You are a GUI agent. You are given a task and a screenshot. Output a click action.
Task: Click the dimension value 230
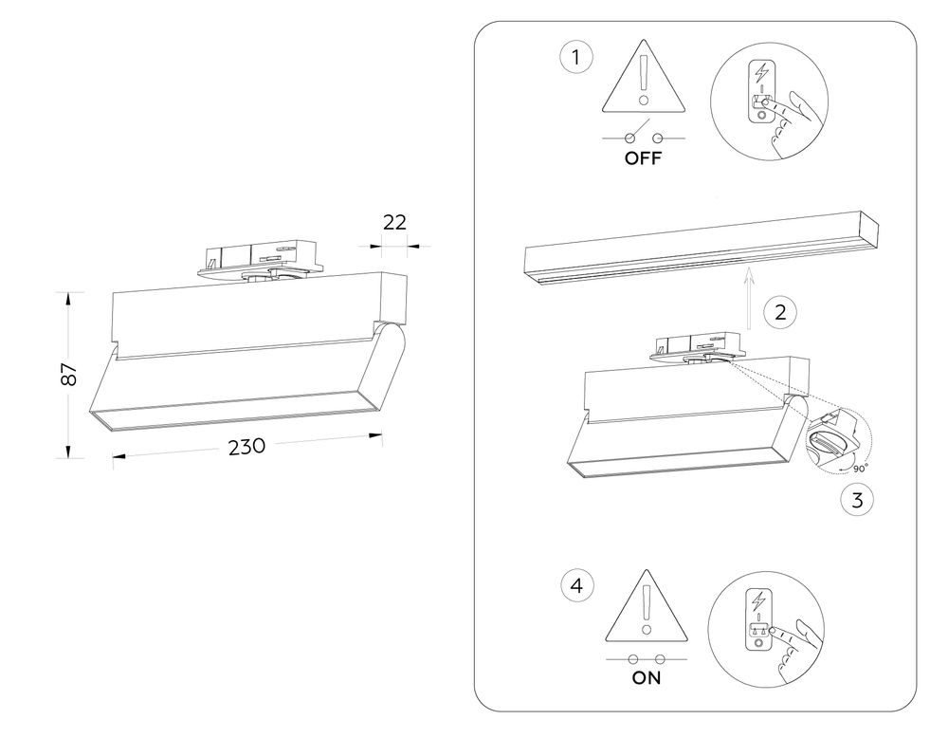pos(246,447)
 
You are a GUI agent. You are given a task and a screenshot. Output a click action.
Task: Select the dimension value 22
pos(394,222)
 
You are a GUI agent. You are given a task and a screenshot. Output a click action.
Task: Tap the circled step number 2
pos(779,312)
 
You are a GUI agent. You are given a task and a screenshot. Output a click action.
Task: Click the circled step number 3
pos(857,501)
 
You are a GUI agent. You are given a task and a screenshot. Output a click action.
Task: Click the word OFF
pos(643,158)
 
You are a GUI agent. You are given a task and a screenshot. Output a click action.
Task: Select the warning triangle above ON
pos(647,607)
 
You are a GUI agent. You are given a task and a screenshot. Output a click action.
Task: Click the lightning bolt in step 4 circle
pos(759,600)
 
